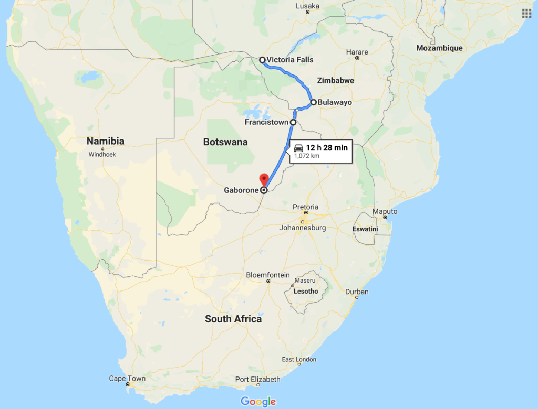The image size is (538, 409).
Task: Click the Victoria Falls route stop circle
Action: click(x=262, y=60)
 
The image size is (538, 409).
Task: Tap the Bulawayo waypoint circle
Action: click(x=313, y=102)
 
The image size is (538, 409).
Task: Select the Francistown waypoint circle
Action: click(x=293, y=122)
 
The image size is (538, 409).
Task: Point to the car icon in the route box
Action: click(x=298, y=148)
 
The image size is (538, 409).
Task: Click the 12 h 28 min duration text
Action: click(x=327, y=148)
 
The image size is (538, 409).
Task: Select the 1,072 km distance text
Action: click(x=307, y=156)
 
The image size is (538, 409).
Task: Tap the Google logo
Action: click(x=258, y=402)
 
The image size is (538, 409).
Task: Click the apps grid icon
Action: click(x=526, y=13)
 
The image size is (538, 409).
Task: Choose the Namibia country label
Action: click(x=105, y=141)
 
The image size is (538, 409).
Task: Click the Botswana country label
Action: click(x=225, y=142)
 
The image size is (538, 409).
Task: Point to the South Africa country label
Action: click(x=233, y=319)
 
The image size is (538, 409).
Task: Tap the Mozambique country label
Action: click(x=439, y=48)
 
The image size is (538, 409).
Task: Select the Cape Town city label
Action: click(x=127, y=378)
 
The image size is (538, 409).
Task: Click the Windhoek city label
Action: click(x=102, y=155)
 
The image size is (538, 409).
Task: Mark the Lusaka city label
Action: click(x=308, y=5)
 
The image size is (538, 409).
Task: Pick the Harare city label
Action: click(x=357, y=52)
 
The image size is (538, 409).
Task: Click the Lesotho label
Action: click(x=306, y=291)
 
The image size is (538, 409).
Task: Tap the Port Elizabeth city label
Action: click(x=257, y=379)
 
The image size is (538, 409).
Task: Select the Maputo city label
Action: click(x=385, y=211)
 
